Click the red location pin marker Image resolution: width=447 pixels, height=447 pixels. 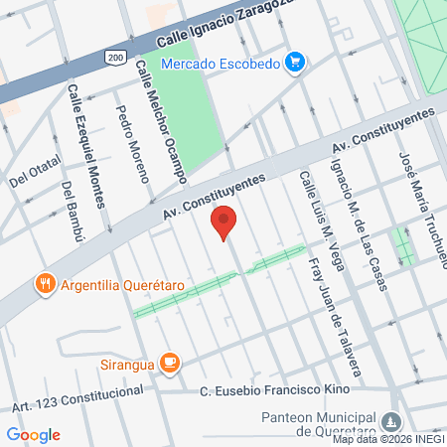[x=225, y=223]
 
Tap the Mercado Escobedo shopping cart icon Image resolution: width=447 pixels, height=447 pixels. [x=294, y=64]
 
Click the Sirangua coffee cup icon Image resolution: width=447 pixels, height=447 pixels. [x=170, y=363]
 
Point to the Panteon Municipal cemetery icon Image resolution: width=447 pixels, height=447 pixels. [x=395, y=420]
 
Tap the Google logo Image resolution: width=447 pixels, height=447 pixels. [x=33, y=434]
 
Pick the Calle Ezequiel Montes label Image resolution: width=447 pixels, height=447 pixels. [x=86, y=145]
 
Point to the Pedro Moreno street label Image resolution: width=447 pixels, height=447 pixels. [x=132, y=145]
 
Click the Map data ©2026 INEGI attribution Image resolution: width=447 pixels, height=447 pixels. [x=388, y=439]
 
